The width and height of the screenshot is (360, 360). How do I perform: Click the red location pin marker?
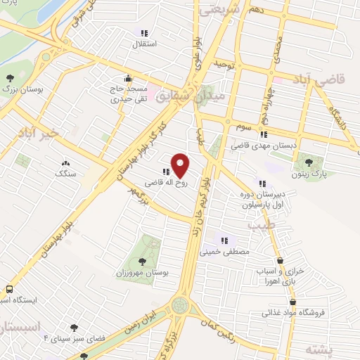tap(181, 166)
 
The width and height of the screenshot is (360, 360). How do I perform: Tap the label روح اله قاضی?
tap(149, 181)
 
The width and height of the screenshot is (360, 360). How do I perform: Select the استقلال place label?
tap(145, 44)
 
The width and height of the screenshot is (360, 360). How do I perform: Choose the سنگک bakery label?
tap(65, 172)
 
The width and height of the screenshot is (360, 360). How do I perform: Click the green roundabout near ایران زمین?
tap(181, 306)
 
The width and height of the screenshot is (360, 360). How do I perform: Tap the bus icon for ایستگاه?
tap(9, 290)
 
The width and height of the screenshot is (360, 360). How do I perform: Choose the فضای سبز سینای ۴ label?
tap(73, 338)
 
